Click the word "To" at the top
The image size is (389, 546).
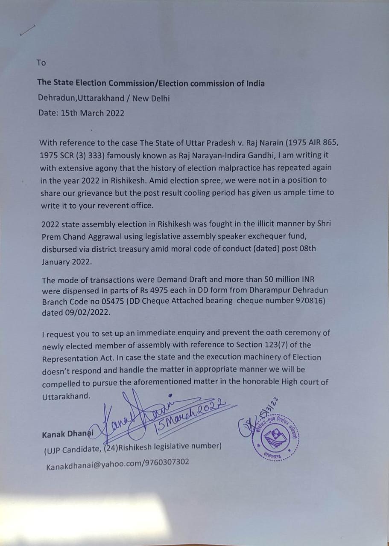(41, 63)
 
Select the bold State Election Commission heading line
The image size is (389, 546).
(151, 83)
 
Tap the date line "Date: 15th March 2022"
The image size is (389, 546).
(81, 113)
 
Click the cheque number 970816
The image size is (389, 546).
(310, 301)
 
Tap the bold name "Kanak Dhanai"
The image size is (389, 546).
(67, 435)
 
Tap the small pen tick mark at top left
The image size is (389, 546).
(27, 31)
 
